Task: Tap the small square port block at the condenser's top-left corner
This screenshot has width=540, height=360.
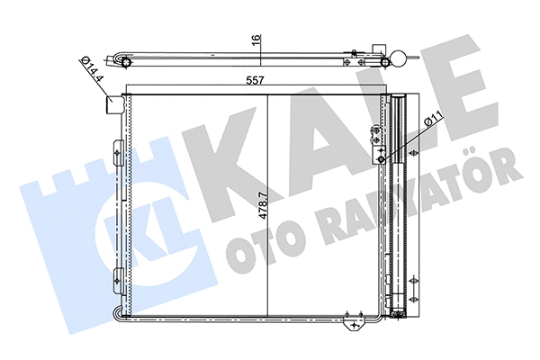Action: click(x=114, y=103)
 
